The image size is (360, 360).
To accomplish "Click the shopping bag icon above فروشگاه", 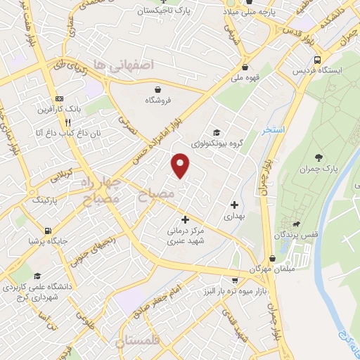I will [160, 89].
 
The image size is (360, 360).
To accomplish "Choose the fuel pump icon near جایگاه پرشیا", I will [47, 230].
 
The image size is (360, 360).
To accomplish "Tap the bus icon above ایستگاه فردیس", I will [318, 60].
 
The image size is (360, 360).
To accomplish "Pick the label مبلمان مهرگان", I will [270, 269].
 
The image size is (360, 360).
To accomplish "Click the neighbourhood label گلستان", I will [141, 341].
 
